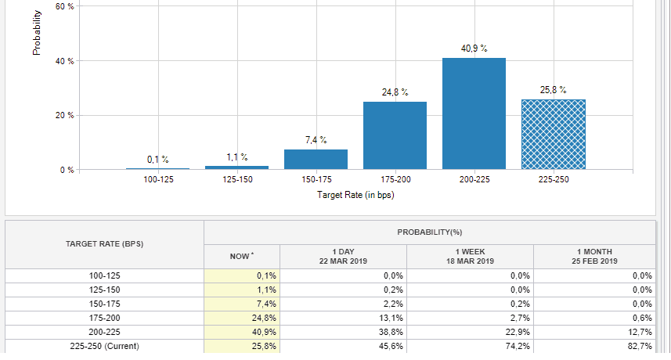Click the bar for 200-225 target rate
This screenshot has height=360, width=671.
474,113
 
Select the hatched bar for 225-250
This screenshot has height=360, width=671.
553,134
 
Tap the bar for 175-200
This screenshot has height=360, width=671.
395,135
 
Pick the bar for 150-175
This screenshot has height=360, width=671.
316,159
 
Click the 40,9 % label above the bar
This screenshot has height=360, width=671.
474,49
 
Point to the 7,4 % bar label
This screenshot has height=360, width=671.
316,140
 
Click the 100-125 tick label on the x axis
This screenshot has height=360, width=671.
157,180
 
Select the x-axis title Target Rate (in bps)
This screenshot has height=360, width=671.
355,195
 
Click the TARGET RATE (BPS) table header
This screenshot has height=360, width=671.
104,244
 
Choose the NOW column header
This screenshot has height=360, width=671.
241,256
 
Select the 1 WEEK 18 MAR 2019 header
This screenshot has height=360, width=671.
470,256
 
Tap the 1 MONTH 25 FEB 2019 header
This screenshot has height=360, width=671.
596,256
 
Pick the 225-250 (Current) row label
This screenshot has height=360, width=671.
104,345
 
